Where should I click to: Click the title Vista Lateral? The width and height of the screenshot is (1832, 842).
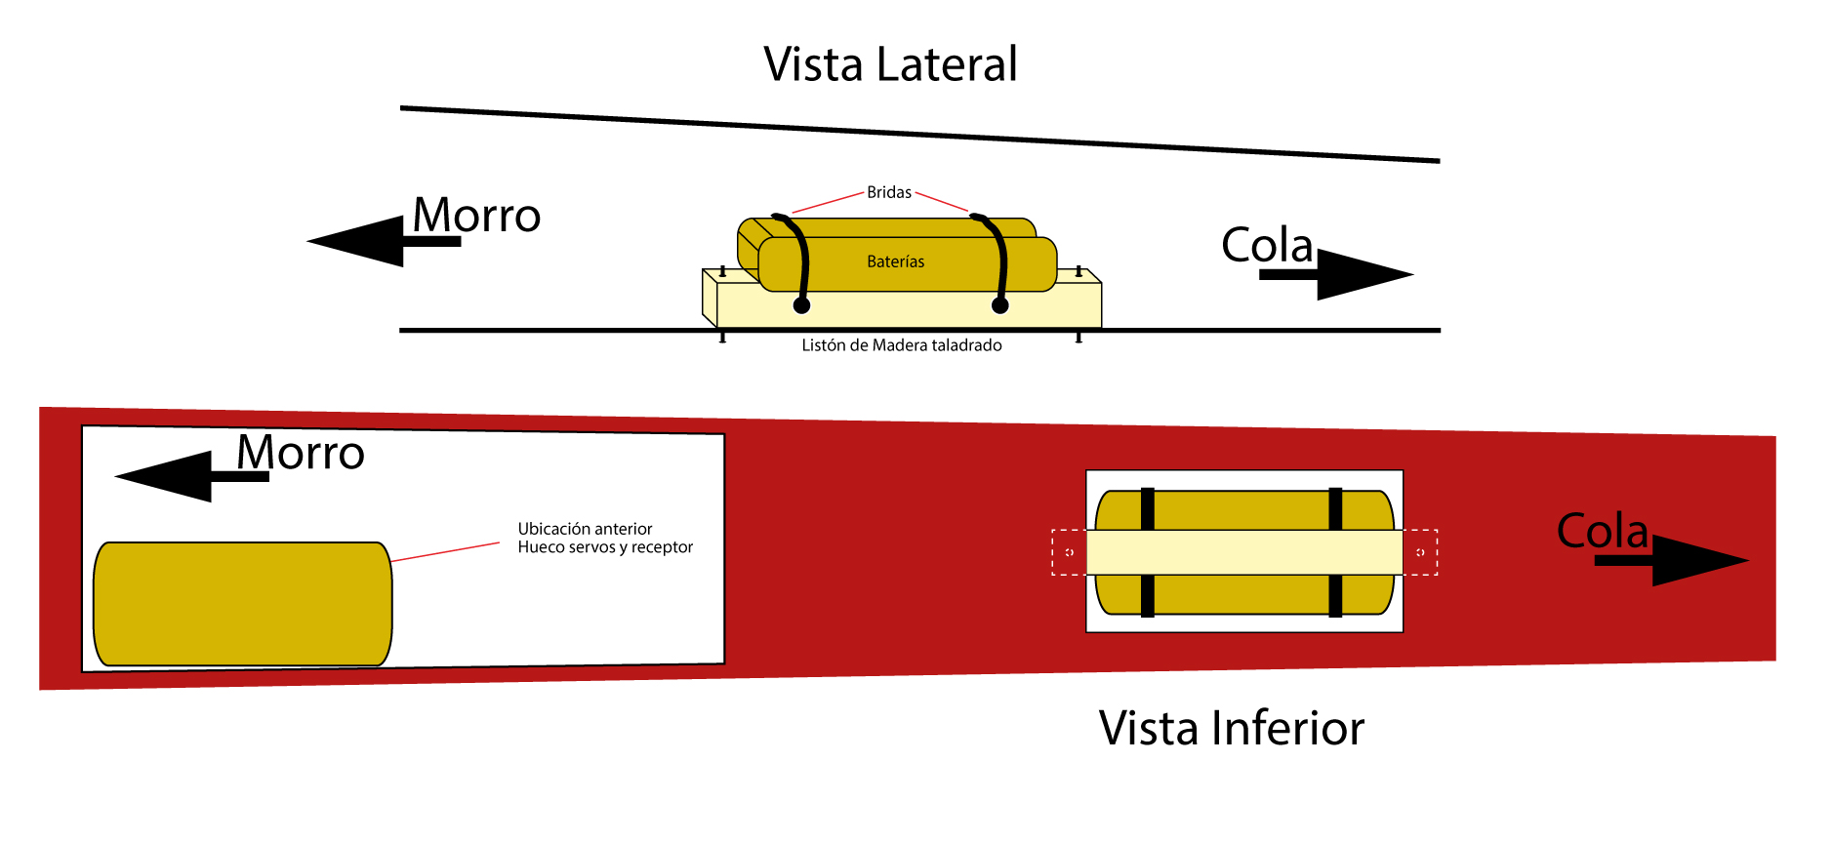point(890,64)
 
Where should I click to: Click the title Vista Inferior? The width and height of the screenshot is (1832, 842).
point(1231,728)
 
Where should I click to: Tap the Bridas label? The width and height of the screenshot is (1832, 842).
point(889,192)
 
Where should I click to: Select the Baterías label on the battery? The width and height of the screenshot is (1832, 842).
point(895,261)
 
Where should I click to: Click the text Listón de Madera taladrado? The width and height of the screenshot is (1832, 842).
point(902,345)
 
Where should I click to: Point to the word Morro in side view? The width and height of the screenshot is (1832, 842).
point(476,215)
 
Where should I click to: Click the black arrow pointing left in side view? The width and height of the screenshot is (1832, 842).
point(384,241)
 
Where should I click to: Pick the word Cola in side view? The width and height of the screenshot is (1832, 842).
point(1267,245)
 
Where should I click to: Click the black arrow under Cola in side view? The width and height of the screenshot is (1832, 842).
point(1336,274)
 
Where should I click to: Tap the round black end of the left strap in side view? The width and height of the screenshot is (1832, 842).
point(801,305)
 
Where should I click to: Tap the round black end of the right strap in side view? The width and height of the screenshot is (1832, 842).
point(999,305)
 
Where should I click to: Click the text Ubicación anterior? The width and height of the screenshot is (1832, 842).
point(585,529)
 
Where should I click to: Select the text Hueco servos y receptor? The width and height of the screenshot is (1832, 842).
point(605,547)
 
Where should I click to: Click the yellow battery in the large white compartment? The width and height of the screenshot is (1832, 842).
point(243,604)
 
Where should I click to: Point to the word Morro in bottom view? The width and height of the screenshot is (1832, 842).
point(301,453)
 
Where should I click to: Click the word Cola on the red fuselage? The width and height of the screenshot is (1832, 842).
point(1603,531)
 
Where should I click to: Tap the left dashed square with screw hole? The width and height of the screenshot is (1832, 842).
point(1069,552)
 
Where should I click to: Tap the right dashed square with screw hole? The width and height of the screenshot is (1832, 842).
point(1420,552)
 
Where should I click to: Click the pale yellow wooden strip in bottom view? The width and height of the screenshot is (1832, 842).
point(1244,552)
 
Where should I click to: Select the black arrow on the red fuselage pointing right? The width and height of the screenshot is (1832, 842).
point(1671,560)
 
